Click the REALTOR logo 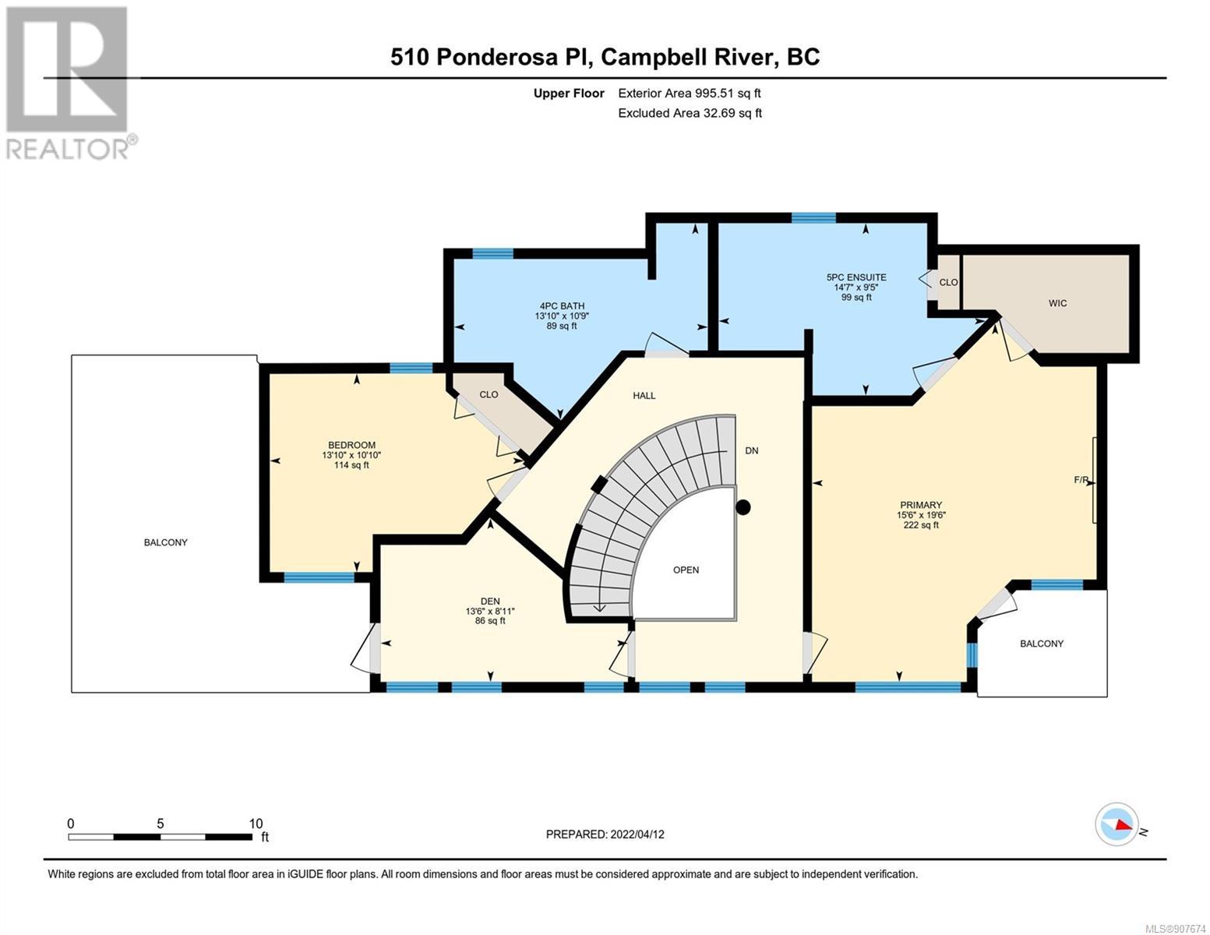click(x=69, y=82)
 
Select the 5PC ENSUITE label click(x=856, y=277)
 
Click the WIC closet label click(x=1057, y=303)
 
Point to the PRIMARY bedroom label click(x=921, y=505)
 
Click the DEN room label click(x=490, y=601)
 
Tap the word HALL click(x=644, y=396)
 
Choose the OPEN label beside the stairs click(x=686, y=570)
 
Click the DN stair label click(x=752, y=450)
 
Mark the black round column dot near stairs click(x=743, y=507)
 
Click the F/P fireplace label click(x=1081, y=480)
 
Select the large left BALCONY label click(x=166, y=542)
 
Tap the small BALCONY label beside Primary click(x=1042, y=644)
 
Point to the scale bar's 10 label click(x=256, y=824)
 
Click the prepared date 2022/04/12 click(x=637, y=834)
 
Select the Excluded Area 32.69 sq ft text click(x=690, y=113)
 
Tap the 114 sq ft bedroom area click(x=351, y=465)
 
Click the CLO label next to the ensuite click(x=948, y=282)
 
